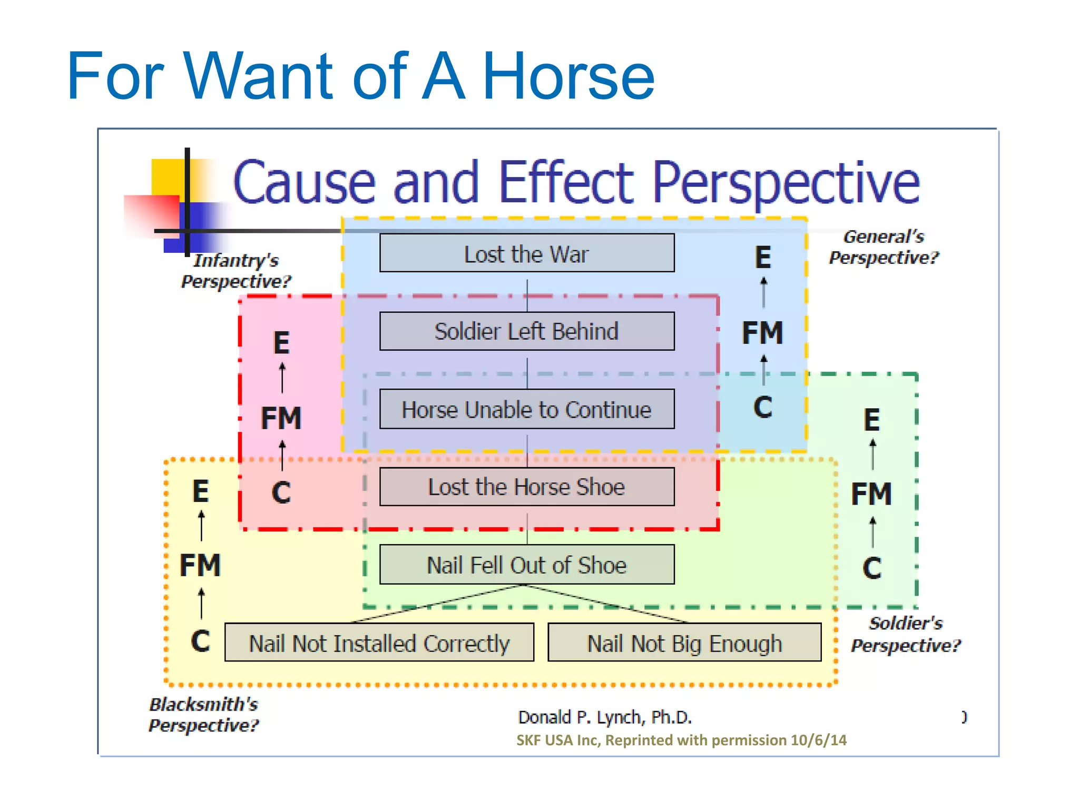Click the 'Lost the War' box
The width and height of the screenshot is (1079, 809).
click(527, 253)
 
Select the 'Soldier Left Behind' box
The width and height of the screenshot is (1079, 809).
click(527, 331)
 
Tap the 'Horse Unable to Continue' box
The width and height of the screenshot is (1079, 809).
click(527, 409)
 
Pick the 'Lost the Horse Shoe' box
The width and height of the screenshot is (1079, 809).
click(527, 487)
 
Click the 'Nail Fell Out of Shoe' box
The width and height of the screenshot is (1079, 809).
click(527, 565)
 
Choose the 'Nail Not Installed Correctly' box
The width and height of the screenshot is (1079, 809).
click(379, 643)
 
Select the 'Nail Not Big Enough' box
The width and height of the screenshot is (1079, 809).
click(684, 643)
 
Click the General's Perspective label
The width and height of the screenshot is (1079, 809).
click(884, 247)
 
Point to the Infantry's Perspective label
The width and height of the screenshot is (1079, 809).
click(236, 271)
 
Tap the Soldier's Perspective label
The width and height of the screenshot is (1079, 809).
click(906, 634)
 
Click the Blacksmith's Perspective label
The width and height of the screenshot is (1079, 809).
click(204, 715)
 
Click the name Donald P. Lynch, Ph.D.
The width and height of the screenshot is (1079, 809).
click(604, 717)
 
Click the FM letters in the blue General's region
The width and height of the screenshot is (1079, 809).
click(762, 333)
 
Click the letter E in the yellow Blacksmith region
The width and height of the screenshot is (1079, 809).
click(200, 491)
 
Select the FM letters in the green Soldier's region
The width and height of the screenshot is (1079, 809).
click(871, 494)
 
